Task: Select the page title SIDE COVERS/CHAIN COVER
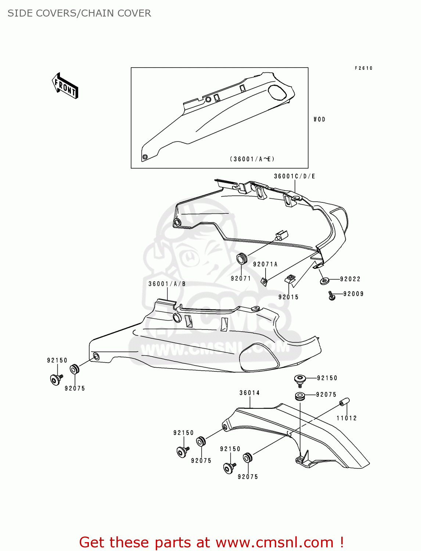[x=79, y=13]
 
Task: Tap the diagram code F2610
[x=364, y=68]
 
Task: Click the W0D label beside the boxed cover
[x=319, y=119]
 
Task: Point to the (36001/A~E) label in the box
[x=252, y=159]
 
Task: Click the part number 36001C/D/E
[x=295, y=176]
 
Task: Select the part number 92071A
[x=265, y=264]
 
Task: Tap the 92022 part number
[x=350, y=279]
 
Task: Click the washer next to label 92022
[x=324, y=281]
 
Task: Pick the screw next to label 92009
[x=331, y=295]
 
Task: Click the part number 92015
[x=288, y=297]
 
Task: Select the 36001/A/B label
[x=167, y=284]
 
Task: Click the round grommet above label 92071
[x=241, y=259]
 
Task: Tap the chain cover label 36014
[x=249, y=393]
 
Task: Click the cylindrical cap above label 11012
[x=344, y=402]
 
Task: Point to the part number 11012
[x=346, y=418]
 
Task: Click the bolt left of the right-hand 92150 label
[x=300, y=379]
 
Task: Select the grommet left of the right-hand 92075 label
[x=300, y=396]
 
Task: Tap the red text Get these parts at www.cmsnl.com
[x=211, y=542]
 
